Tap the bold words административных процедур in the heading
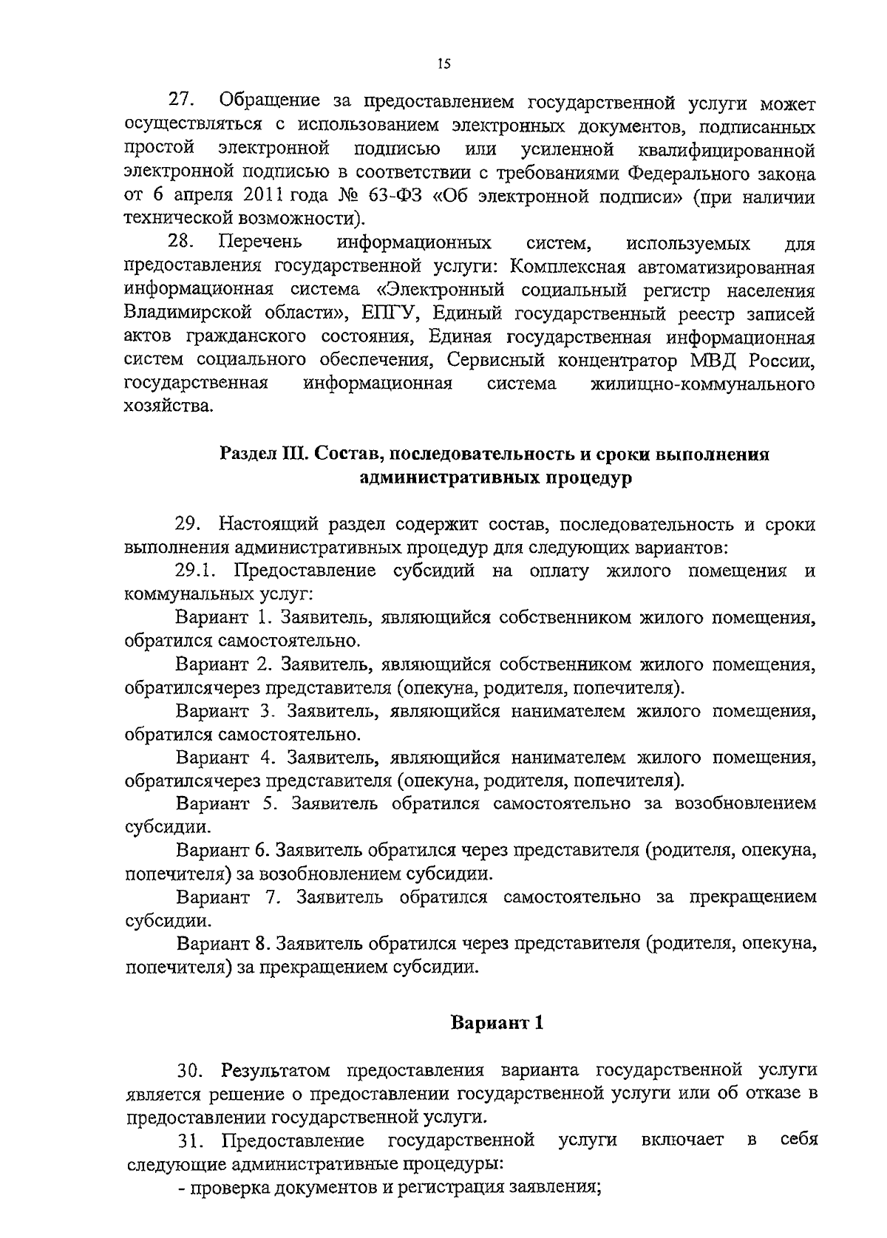[495, 477]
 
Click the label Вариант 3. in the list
[226, 712]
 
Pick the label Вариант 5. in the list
[227, 803]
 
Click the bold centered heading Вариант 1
[497, 1024]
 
